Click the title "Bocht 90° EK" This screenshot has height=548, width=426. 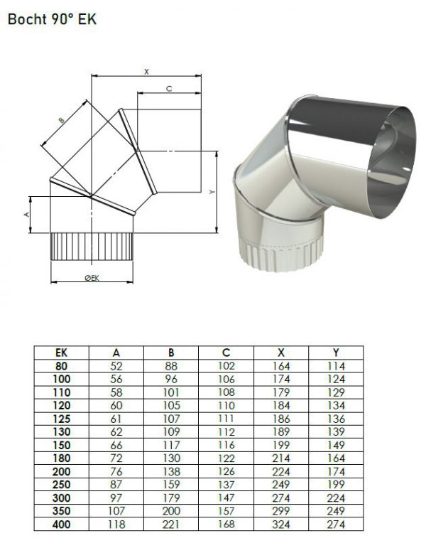52,19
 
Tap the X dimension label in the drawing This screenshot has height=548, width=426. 147,72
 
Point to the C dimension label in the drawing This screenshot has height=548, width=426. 169,89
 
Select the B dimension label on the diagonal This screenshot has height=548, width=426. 62,121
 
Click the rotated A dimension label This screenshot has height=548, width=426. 27,214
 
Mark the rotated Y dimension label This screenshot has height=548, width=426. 212,192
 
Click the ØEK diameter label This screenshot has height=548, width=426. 92,278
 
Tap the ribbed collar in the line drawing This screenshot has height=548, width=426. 92,247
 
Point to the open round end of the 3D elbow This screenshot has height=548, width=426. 392,162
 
